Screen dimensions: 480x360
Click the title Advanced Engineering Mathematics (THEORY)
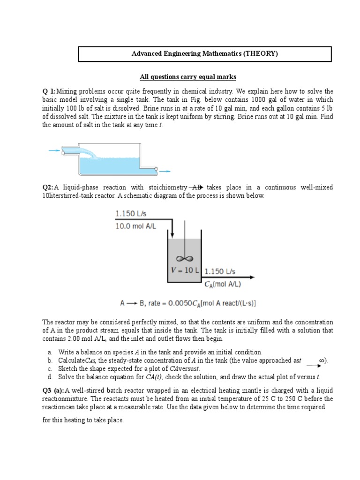coord(204,54)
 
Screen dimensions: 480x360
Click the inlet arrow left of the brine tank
coord(54,150)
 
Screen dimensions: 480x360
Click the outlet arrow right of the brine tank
coord(165,171)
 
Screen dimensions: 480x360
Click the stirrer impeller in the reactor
coord(180,259)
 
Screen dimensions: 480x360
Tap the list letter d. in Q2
coord(50,376)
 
